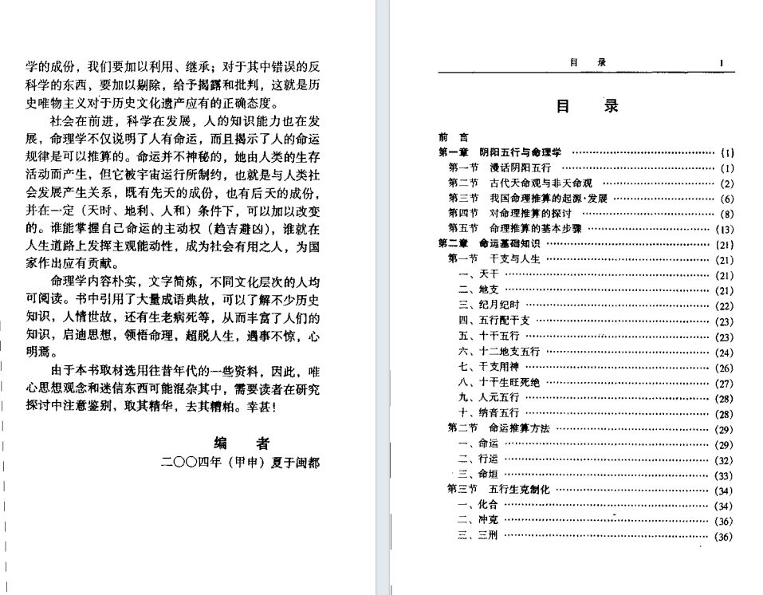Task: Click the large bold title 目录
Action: coord(586,108)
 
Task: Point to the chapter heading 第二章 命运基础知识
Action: coord(489,243)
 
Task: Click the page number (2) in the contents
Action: coord(726,183)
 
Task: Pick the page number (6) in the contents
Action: coord(726,198)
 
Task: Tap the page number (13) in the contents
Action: coord(724,228)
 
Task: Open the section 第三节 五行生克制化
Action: coord(494,490)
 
